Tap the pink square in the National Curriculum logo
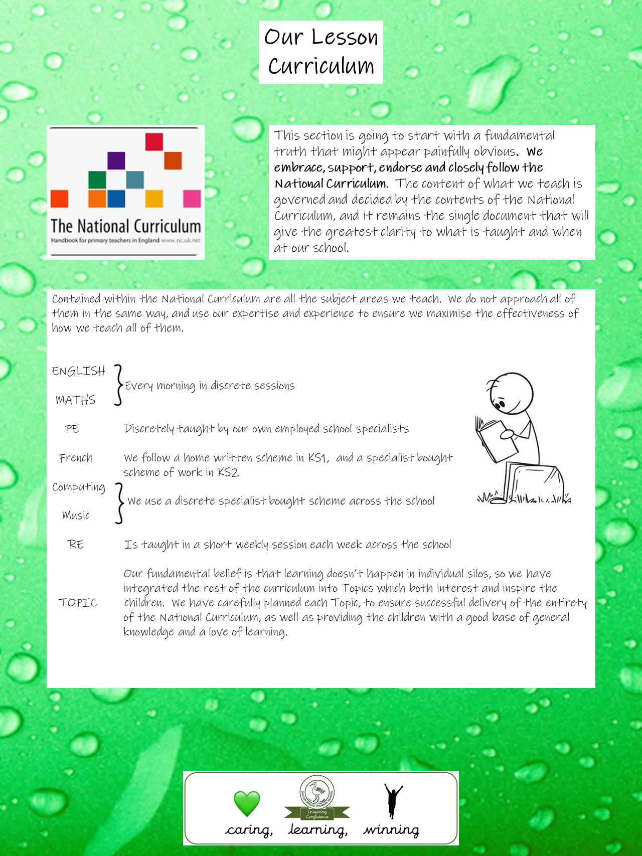pyautogui.click(x=192, y=199)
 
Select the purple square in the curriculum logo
pyautogui.click(x=116, y=160)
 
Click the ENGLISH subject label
pyautogui.click(x=78, y=371)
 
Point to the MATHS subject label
pyautogui.click(x=75, y=400)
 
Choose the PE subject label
pyautogui.click(x=72, y=429)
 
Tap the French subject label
pyautogui.click(x=76, y=458)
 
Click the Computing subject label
pyautogui.click(x=79, y=487)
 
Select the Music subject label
pyautogui.click(x=76, y=516)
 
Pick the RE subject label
pyautogui.click(x=75, y=545)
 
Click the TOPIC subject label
pyautogui.click(x=78, y=603)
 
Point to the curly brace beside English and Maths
pyautogui.click(x=118, y=385)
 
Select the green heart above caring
pyautogui.click(x=247, y=803)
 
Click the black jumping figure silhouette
pyautogui.click(x=393, y=801)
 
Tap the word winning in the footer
pyautogui.click(x=391, y=830)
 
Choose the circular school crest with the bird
pyautogui.click(x=316, y=792)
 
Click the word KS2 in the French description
pyautogui.click(x=228, y=472)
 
